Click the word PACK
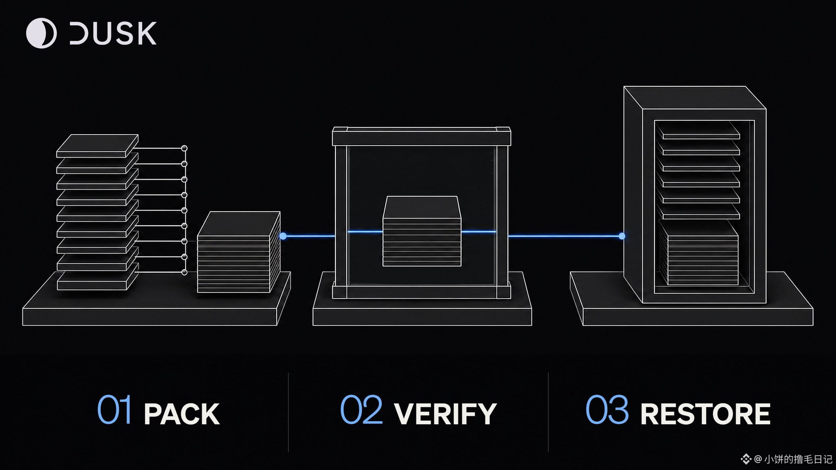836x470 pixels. [x=182, y=414]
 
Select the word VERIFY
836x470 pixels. [x=445, y=414]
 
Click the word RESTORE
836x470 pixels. [x=705, y=414]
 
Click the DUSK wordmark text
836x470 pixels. [x=113, y=33]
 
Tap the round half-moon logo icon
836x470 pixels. [x=41, y=33]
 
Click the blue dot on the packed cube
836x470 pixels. [x=283, y=236]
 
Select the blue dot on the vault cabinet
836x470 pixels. [x=622, y=236]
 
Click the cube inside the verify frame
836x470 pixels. [x=422, y=231]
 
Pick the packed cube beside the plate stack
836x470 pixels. [x=239, y=252]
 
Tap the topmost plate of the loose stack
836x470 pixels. [x=97, y=146]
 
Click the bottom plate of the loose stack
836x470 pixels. [x=97, y=279]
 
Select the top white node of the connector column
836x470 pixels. [x=184, y=148]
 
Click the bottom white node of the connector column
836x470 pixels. [x=184, y=272]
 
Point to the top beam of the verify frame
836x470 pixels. [x=422, y=136]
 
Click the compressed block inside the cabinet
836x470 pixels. [x=699, y=253]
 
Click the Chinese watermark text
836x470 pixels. [x=798, y=459]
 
